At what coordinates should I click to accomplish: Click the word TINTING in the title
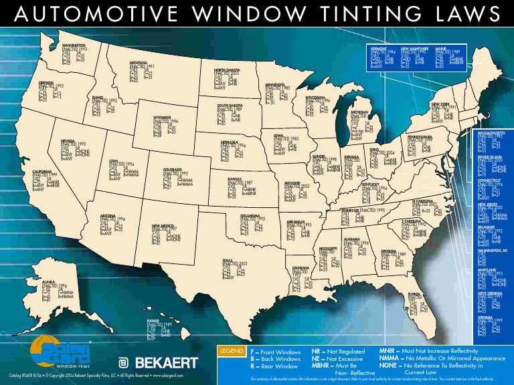point(371,15)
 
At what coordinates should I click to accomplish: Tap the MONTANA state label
point(143,63)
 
